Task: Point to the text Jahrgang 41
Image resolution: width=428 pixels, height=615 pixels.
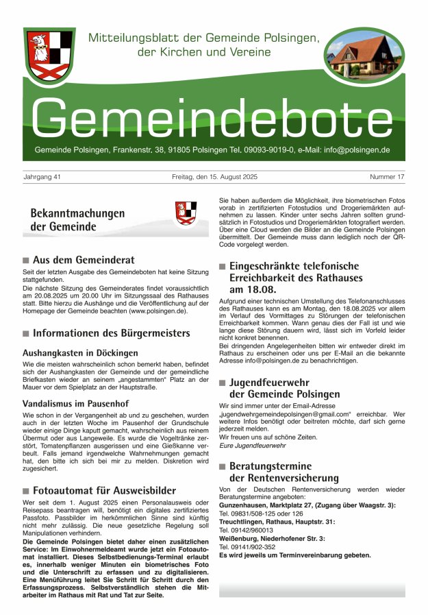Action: point(42,178)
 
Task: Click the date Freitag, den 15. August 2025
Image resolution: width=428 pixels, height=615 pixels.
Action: point(214,178)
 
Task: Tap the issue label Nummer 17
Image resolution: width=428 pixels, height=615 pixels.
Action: point(387,178)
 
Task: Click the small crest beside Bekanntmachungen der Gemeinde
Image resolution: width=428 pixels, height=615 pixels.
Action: point(186,213)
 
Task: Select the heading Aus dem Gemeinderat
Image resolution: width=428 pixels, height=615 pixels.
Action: point(84,261)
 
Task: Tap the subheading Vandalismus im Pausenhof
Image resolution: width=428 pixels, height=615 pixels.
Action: point(76,404)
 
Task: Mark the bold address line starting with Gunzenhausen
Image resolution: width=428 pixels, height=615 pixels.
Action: point(307,505)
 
